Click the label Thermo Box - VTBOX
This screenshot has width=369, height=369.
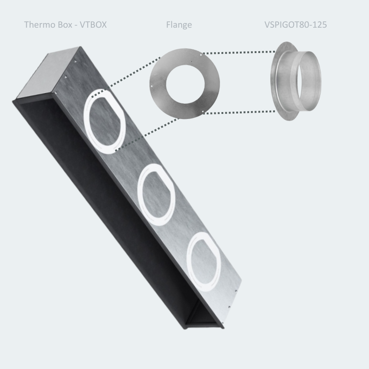65,24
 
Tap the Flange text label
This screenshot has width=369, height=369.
179,24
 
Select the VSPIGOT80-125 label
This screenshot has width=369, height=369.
296,24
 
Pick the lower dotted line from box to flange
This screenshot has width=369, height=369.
148,134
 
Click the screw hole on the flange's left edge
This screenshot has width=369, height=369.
152,85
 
